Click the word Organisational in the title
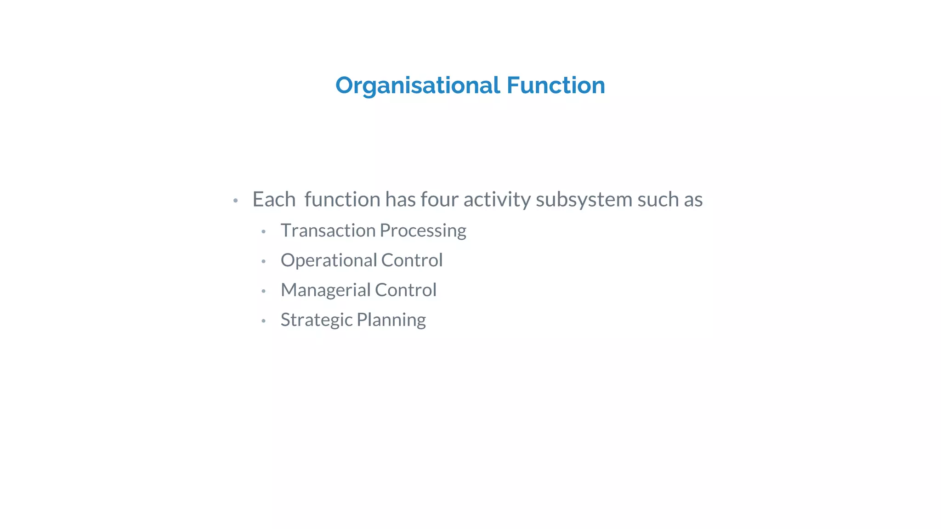[x=418, y=86]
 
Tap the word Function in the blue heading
[x=556, y=85]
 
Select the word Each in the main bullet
[x=274, y=200]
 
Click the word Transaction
[x=328, y=231]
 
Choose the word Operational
[x=329, y=260]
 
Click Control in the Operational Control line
[x=412, y=260]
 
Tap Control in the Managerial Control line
[x=405, y=290]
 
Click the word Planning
[x=391, y=320]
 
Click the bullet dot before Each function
[x=236, y=201]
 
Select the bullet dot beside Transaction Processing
[x=263, y=231]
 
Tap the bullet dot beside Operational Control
[x=263, y=261]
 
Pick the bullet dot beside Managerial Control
[x=263, y=291]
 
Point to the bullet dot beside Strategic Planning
[x=263, y=321]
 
